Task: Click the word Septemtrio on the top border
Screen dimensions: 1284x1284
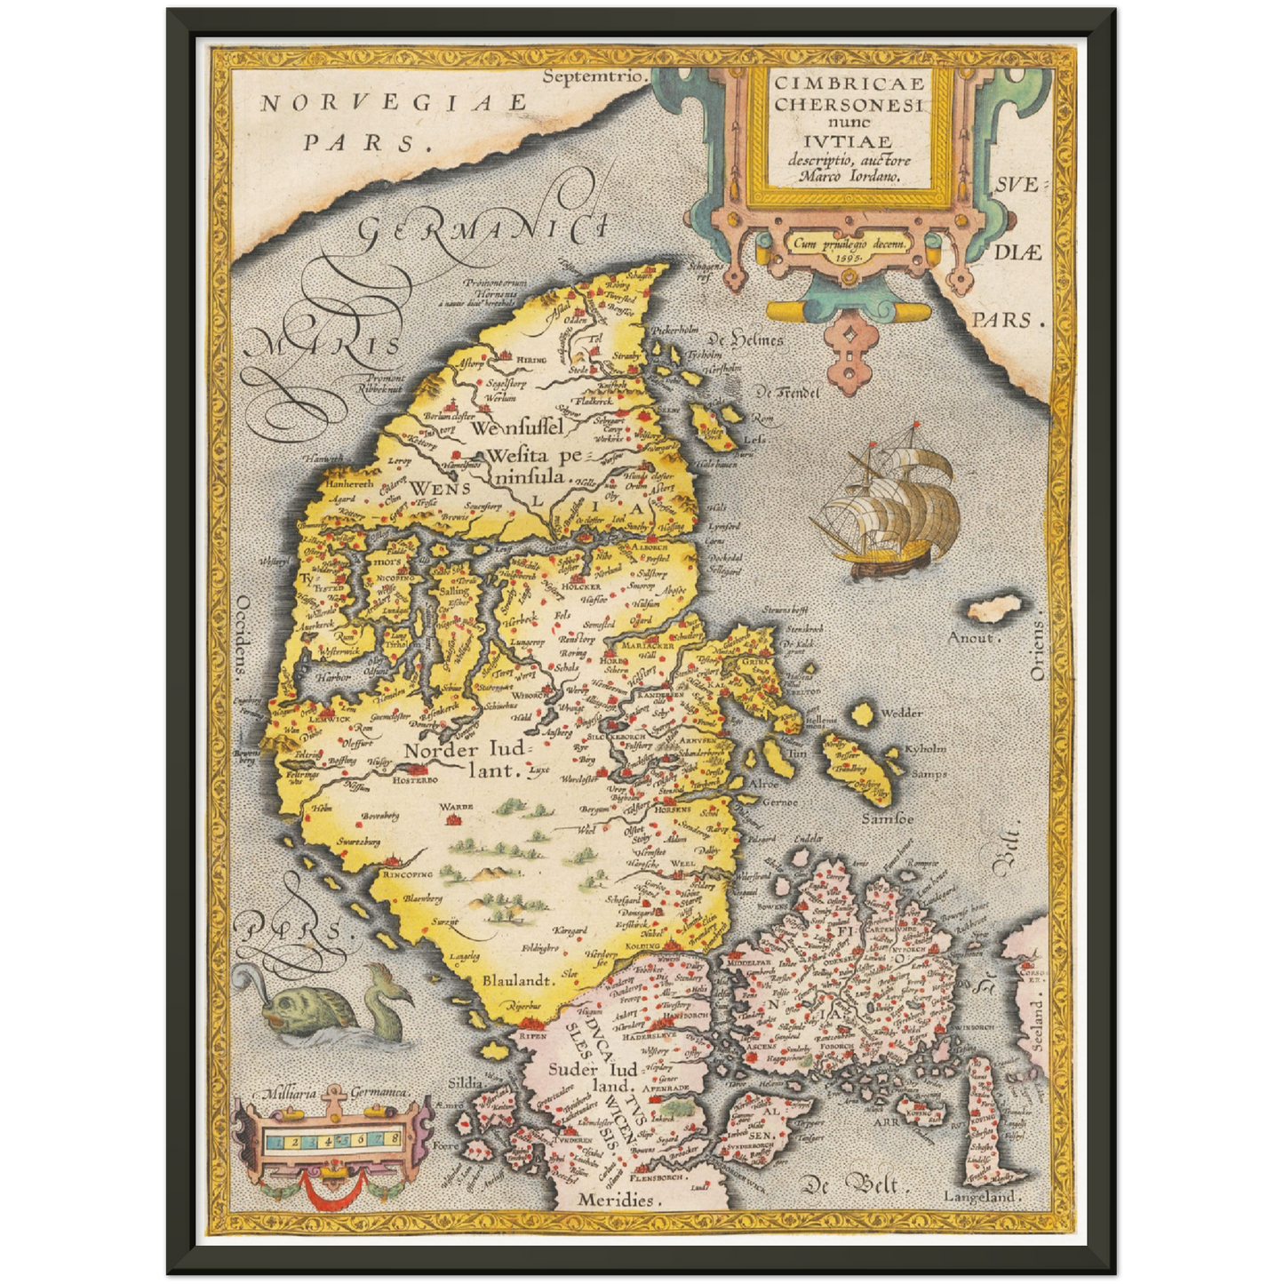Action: (592, 76)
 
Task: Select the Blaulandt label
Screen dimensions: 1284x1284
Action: (519, 980)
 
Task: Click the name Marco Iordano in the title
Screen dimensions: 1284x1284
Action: (849, 176)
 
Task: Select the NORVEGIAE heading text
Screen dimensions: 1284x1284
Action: (393, 102)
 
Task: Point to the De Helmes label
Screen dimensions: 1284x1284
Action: (745, 340)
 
